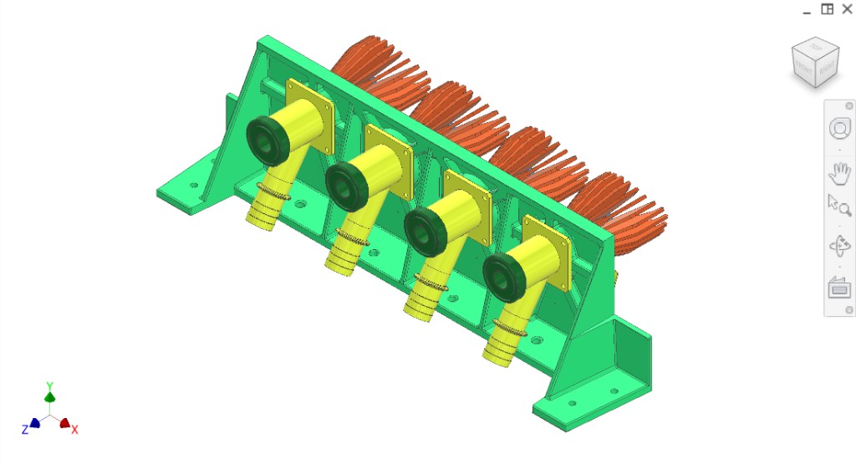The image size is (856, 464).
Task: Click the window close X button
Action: [x=847, y=9]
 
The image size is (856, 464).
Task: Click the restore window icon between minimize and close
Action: [x=827, y=9]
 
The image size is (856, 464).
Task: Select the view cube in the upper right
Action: [x=815, y=63]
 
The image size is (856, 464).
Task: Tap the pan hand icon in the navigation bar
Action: [x=838, y=174]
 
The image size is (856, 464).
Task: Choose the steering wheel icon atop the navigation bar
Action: [x=838, y=129]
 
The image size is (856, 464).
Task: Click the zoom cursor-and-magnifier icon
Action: [x=838, y=205]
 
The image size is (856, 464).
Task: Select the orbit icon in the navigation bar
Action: [x=838, y=246]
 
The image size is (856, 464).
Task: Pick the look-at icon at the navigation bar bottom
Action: [x=838, y=288]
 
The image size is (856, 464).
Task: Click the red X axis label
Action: [x=74, y=429]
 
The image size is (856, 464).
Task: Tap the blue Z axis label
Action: [x=25, y=428]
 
